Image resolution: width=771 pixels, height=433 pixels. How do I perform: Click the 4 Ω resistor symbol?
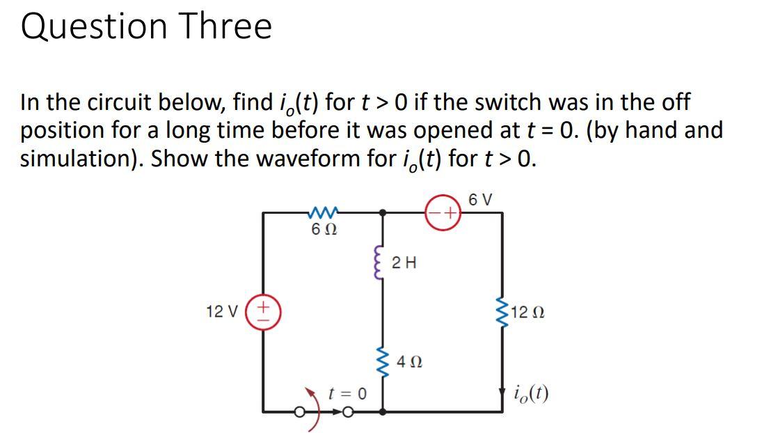pyautogui.click(x=382, y=361)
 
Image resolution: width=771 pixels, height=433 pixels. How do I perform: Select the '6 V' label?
pyautogui.click(x=481, y=198)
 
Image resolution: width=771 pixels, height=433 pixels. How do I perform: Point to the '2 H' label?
pyautogui.click(x=404, y=262)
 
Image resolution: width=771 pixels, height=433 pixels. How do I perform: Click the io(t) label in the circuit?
pyautogui.click(x=532, y=393)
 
